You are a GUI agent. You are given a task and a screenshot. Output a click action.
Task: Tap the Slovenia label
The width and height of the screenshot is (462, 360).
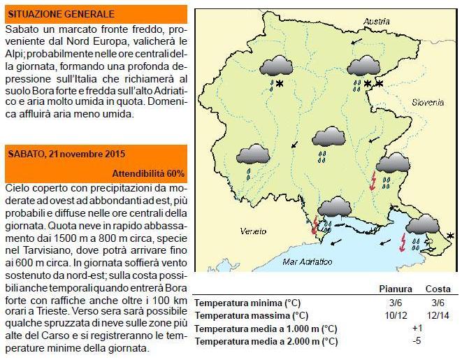tap(427, 102)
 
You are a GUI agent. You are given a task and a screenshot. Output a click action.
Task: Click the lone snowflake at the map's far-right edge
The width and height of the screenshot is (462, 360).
tap(450, 237)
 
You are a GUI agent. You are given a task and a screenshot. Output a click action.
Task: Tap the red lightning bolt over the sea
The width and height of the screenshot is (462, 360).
tap(403, 242)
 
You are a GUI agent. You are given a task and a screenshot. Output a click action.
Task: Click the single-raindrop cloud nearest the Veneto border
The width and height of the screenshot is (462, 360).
tap(252, 158)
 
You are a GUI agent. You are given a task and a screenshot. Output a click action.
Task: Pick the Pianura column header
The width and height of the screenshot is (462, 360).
tap(396, 289)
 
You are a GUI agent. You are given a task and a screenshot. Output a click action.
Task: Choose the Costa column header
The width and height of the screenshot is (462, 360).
tap(438, 289)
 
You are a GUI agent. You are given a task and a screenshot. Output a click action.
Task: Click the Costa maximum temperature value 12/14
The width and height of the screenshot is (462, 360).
tap(438, 315)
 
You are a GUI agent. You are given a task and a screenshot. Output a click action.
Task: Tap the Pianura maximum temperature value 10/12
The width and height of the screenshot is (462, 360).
tap(396, 315)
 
